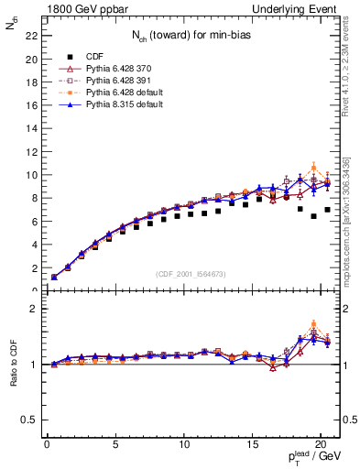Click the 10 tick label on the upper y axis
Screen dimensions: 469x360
pyautogui.click(x=30, y=175)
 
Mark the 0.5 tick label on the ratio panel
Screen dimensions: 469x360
pyautogui.click(x=28, y=420)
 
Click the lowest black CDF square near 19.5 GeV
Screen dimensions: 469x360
pyautogui.click(x=313, y=216)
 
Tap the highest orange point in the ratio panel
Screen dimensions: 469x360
pyautogui.click(x=313, y=324)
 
